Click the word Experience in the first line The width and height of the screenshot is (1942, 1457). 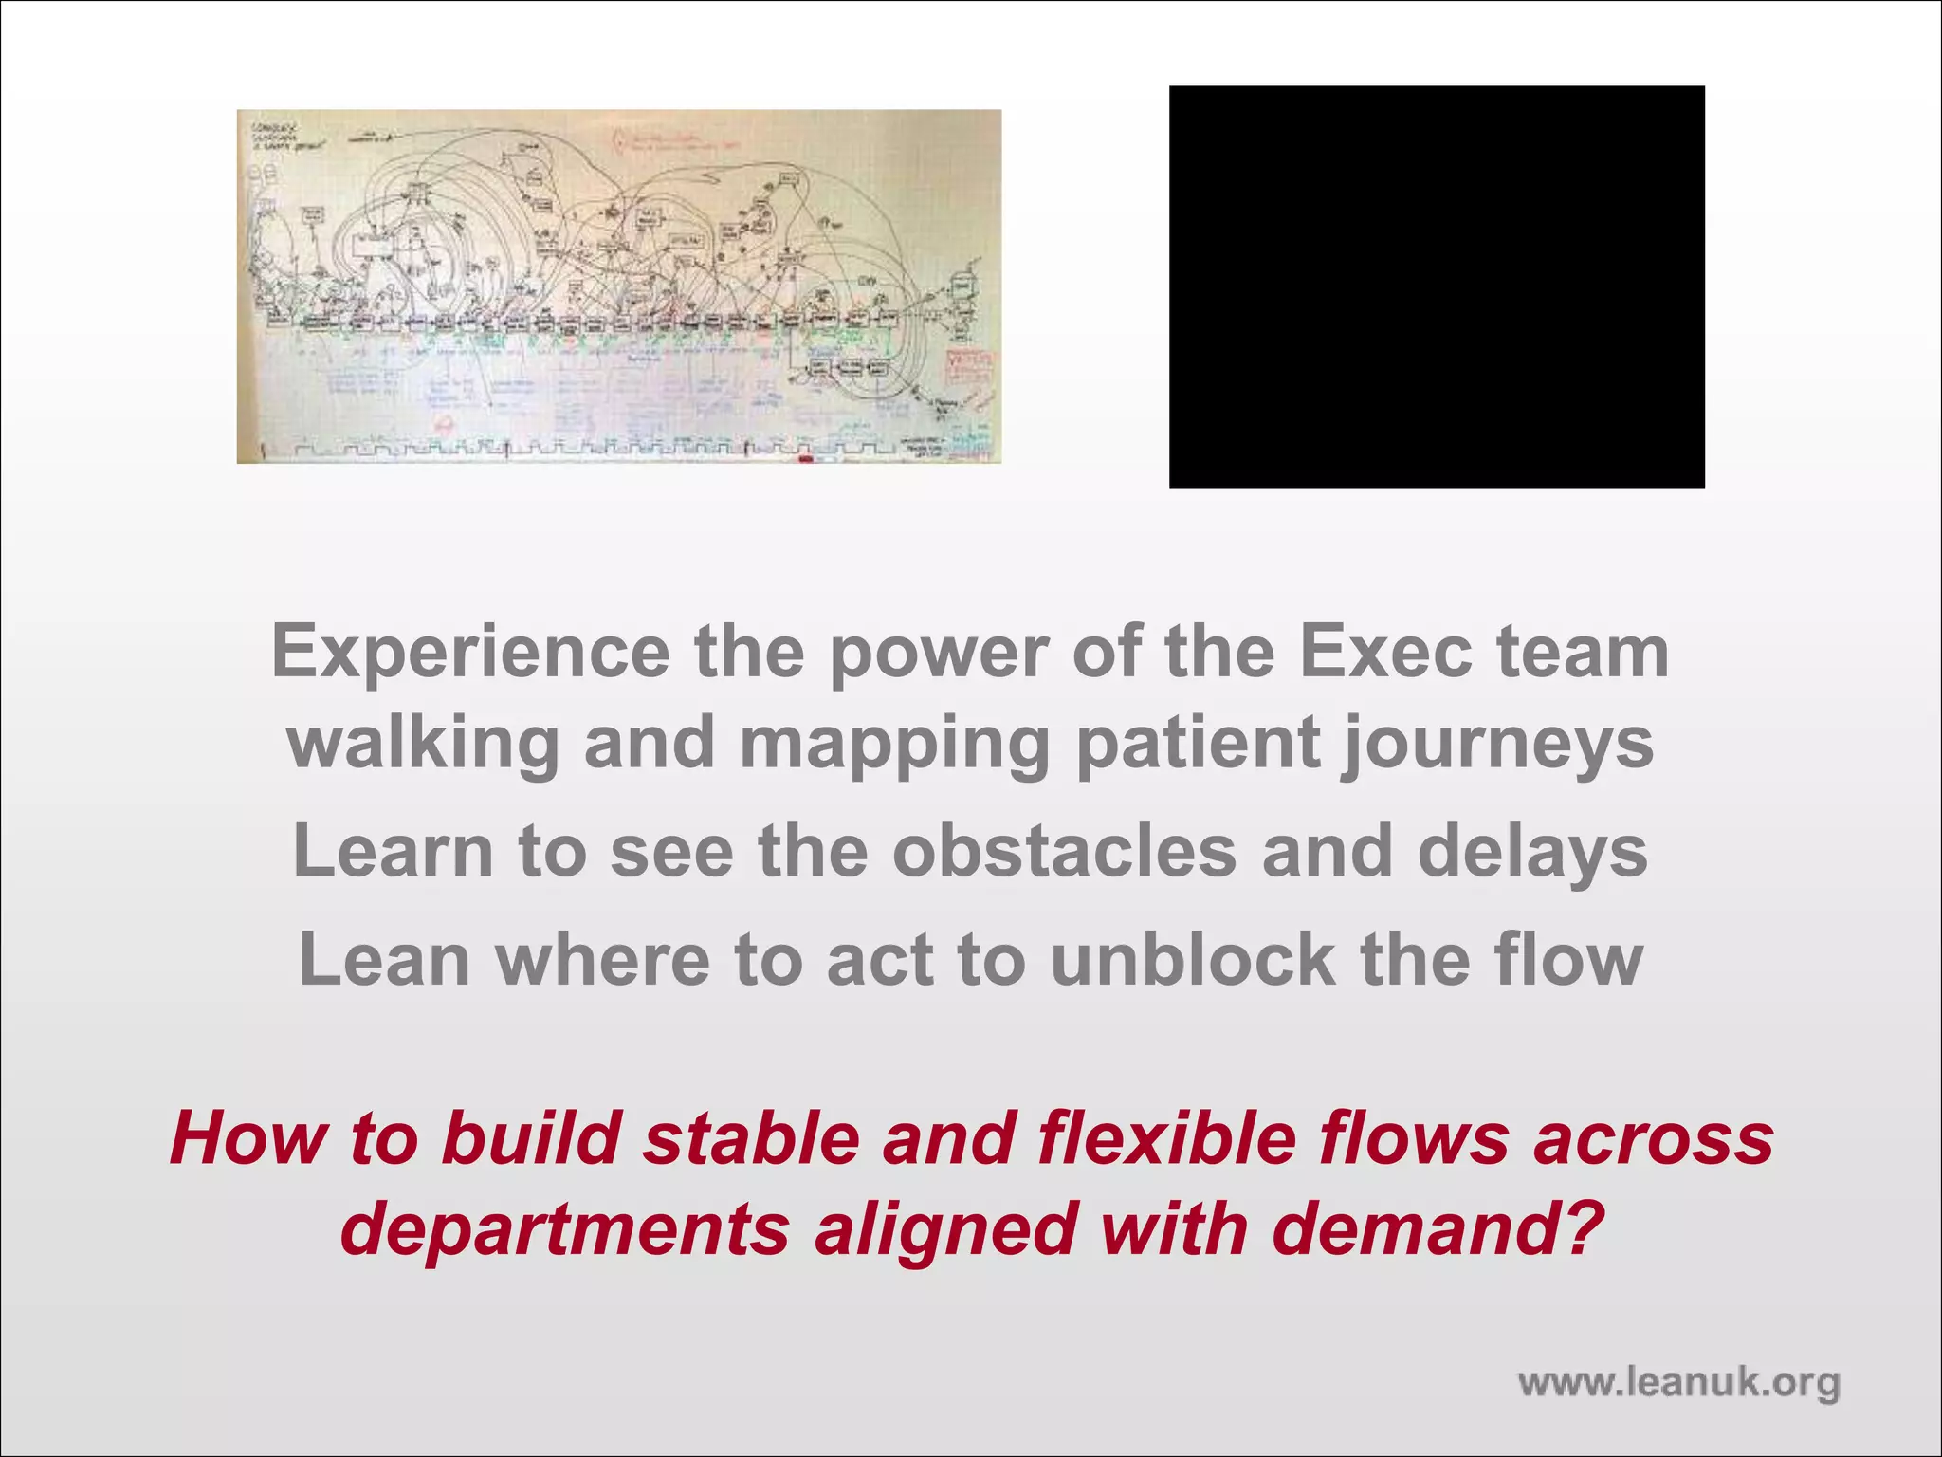470,654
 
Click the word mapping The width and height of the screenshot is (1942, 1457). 894,745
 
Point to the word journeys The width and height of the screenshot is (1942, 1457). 1497,745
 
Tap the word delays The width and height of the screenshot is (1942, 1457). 1532,853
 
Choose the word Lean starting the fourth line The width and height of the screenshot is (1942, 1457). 384,960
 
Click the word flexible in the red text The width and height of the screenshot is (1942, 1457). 1166,1138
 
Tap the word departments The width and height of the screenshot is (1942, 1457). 565,1229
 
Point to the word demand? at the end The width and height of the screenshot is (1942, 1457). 1437,1229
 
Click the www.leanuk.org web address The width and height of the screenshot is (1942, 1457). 1678,1383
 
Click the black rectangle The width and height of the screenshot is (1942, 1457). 1436,286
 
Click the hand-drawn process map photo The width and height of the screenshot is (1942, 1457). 618,286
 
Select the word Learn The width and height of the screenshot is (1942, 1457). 393,851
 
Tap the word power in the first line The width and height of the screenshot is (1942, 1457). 939,654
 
